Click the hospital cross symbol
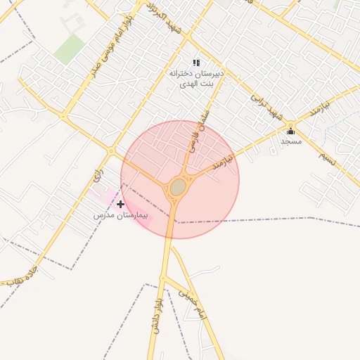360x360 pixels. (120, 204)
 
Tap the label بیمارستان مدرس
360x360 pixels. (123, 214)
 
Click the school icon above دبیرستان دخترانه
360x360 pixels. (196, 63)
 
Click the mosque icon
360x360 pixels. (290, 131)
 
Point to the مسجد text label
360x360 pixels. (291, 141)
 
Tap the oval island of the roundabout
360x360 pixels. (178, 187)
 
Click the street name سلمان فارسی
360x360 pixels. (191, 134)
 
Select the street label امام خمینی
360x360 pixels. (191, 300)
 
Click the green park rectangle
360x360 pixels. (68, 49)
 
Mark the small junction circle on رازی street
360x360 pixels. (111, 150)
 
